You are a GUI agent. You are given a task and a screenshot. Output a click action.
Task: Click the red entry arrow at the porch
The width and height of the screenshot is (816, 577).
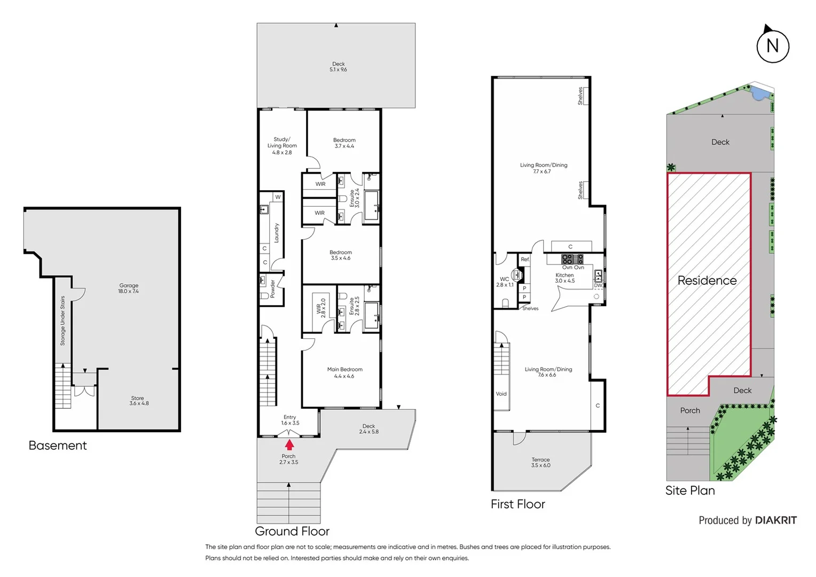(289, 445)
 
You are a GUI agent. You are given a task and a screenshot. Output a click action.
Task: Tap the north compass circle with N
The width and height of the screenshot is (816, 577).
(772, 46)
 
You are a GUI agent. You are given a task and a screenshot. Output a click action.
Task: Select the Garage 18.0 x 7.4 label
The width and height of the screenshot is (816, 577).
(129, 288)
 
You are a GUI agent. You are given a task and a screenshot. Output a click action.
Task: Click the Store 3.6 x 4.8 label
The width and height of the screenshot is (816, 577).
(138, 401)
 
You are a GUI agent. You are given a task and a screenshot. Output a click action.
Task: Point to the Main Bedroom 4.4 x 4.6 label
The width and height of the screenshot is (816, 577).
(344, 372)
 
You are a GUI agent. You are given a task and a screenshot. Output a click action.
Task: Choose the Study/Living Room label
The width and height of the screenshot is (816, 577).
(282, 146)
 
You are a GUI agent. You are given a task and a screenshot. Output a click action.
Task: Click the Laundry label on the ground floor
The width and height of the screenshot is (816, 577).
(277, 233)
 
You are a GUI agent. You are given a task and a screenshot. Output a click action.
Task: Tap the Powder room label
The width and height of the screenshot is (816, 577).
(273, 288)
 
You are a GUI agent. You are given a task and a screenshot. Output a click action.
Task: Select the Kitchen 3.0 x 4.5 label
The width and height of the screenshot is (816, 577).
(564, 278)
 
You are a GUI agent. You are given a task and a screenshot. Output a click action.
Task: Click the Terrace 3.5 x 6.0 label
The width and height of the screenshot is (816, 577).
(540, 463)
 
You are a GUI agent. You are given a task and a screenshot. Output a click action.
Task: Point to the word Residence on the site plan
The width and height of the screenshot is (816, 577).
(707, 280)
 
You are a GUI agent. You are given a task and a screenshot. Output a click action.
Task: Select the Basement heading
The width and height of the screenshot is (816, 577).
(58, 446)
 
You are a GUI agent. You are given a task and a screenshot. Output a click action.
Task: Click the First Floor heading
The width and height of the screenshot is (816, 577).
(517, 504)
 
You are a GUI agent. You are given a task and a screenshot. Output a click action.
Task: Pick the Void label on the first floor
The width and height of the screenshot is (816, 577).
(501, 394)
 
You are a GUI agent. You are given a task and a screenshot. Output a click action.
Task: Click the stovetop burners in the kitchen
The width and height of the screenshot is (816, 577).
(572, 260)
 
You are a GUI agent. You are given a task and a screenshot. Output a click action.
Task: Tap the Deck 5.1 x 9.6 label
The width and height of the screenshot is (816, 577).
(338, 67)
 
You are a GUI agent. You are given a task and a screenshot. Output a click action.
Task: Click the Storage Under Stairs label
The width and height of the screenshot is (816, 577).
(62, 321)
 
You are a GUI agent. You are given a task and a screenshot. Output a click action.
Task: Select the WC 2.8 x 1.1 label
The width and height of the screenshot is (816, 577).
(505, 282)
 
